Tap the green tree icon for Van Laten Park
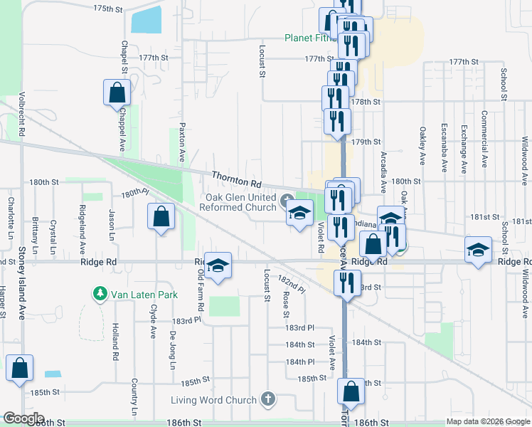click(x=100, y=293)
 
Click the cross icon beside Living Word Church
click(x=268, y=399)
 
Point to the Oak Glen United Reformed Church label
click(x=241, y=202)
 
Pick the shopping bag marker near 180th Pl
click(x=161, y=216)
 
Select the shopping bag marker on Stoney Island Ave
click(x=19, y=368)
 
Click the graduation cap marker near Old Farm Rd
click(x=218, y=265)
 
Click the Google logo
click(x=23, y=418)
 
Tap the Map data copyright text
click(x=486, y=421)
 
